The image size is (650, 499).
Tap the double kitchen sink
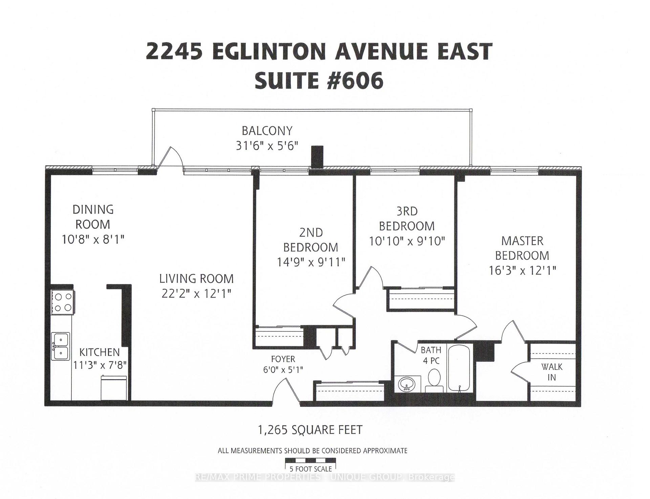coord(61,346)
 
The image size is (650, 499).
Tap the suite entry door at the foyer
coord(285,390)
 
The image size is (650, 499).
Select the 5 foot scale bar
coord(310,460)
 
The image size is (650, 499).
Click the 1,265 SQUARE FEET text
coord(310,430)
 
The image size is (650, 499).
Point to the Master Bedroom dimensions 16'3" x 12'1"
coord(522,270)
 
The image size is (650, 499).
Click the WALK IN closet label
coord(551,372)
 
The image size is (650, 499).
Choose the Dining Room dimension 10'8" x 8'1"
coord(93,240)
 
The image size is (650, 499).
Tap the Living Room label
coord(196,279)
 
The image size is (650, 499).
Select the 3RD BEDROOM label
coord(407,218)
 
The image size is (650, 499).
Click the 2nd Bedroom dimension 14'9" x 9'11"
coord(311,262)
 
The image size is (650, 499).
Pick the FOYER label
coord(283,359)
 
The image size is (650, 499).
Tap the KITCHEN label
coord(100,352)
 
